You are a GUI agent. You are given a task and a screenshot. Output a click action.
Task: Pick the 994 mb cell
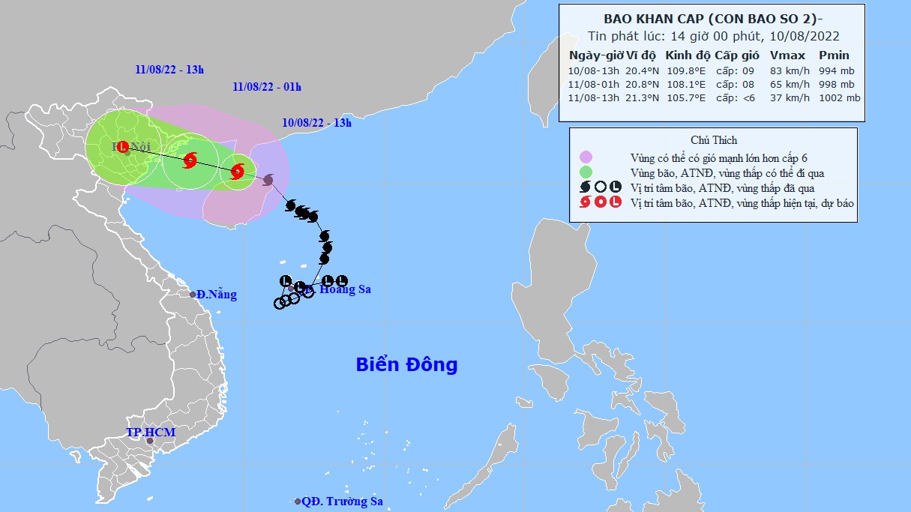click(x=836, y=70)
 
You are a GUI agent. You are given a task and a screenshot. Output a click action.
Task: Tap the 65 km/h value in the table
click(x=787, y=84)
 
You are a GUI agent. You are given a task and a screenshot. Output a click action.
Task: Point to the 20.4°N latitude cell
click(x=642, y=70)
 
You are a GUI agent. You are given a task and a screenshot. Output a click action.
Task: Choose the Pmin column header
click(x=834, y=55)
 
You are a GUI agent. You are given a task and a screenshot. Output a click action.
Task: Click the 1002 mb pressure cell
click(x=839, y=98)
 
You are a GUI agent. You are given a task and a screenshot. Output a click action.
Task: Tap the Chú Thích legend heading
click(x=713, y=140)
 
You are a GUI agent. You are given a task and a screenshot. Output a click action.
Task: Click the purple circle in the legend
click(x=586, y=157)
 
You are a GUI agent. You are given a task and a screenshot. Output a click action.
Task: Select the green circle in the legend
click(x=586, y=173)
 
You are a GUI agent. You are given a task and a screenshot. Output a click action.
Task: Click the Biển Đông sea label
click(x=406, y=365)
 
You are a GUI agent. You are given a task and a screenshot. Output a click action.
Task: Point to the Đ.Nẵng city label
click(x=217, y=295)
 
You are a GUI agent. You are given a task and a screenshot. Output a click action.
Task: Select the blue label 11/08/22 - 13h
click(x=169, y=70)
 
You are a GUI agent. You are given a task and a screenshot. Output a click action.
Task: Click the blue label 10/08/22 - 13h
click(x=316, y=123)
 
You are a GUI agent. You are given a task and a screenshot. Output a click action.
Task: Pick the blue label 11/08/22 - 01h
click(x=267, y=87)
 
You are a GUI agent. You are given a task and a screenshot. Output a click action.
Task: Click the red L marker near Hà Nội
click(x=123, y=146)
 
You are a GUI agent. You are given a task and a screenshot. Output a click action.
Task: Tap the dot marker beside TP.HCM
click(x=150, y=442)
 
